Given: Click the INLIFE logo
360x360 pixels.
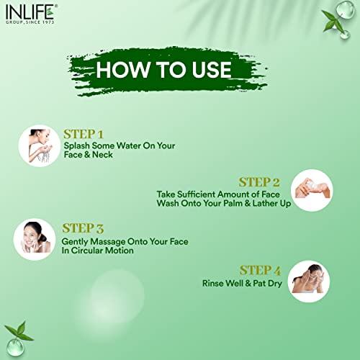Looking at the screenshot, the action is point(31,14).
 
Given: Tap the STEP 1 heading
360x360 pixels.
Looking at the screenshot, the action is point(84,135).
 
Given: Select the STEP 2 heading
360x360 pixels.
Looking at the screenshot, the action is point(259,182).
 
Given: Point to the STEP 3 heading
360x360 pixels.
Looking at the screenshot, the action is point(83,228).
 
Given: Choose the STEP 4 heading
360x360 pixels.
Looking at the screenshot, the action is point(260,271).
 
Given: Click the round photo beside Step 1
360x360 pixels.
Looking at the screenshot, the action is point(40,146).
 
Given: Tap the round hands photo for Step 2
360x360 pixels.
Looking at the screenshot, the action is point(312,190).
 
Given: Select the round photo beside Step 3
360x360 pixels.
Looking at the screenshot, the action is point(35,240).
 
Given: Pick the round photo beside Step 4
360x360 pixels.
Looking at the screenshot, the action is point(309,282).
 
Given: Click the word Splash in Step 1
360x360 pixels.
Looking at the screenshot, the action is point(77,146).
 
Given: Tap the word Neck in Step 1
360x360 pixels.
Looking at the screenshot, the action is point(102,155).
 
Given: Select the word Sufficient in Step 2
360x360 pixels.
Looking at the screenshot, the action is point(197,194).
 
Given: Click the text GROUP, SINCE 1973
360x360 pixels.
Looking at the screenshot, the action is point(30,22).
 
